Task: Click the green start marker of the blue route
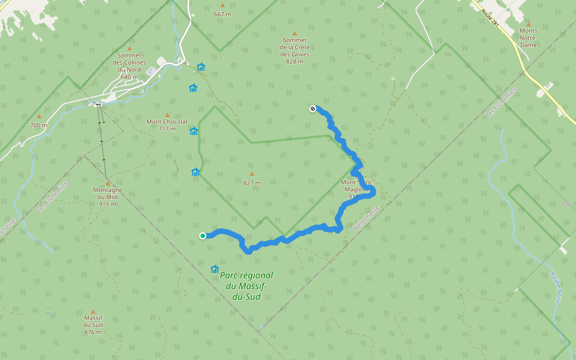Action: pos(203,235)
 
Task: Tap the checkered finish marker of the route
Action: pos(313,109)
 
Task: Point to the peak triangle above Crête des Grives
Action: pos(294,34)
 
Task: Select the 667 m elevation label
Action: pos(223,14)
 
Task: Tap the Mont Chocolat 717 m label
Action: pos(167,125)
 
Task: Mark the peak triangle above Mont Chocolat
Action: pos(167,115)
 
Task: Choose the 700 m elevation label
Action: pos(38,125)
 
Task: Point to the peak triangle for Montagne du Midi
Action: pos(107,184)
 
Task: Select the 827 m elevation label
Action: pos(252,183)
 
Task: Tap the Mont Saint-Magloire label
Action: pos(357,189)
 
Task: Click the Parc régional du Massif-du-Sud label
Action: pos(246,286)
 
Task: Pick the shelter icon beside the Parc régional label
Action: pos(215,269)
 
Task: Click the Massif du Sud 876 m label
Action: pos(92,325)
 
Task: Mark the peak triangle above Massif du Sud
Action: pos(92,312)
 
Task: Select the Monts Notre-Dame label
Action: pos(529,37)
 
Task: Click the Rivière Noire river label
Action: pos(554,287)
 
